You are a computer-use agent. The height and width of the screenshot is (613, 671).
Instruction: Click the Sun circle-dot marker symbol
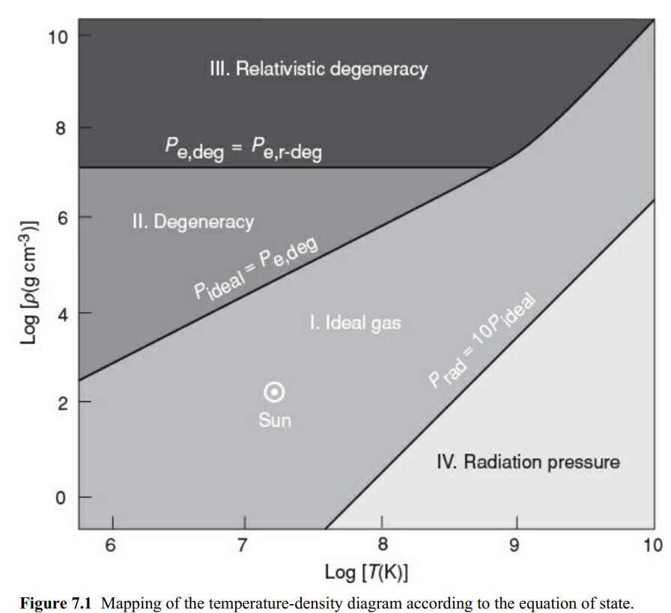[275, 391]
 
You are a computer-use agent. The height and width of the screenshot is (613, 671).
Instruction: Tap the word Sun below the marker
[275, 420]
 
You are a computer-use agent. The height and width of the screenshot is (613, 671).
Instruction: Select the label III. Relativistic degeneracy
[318, 70]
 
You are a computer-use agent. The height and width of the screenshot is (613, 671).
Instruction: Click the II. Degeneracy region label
[192, 222]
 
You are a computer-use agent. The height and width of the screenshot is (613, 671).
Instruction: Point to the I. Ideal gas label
[355, 323]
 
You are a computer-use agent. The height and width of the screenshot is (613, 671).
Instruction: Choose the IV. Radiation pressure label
[528, 461]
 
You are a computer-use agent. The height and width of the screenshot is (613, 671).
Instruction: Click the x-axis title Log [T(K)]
[366, 573]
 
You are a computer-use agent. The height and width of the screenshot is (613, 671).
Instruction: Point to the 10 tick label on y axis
[58, 36]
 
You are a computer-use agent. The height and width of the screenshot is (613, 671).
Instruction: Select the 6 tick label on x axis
[111, 543]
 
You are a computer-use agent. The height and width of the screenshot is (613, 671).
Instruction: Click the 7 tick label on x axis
[243, 543]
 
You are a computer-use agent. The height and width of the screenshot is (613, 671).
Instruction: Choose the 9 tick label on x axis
[515, 543]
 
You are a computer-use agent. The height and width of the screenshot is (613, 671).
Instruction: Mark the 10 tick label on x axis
[650, 543]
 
